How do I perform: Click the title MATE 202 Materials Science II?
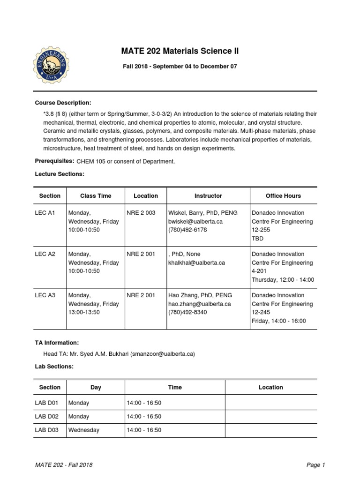(180, 51)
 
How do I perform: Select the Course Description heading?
(63, 103)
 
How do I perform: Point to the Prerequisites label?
(54, 161)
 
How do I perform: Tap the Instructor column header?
(208, 196)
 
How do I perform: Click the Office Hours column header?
(283, 196)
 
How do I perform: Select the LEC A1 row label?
(45, 213)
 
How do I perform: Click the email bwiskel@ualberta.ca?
(195, 221)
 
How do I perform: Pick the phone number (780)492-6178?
(187, 230)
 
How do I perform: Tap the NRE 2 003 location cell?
(141, 213)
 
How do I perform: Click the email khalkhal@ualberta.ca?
(196, 262)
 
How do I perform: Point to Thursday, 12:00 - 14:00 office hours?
(283, 280)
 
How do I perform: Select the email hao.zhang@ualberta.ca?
(200, 304)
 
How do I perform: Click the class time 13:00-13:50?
(84, 312)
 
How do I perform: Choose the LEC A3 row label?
(45, 295)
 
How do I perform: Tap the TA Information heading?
(57, 343)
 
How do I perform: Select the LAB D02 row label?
(46, 416)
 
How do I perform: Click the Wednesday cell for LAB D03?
(84, 430)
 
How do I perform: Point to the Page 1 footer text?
(315, 465)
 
